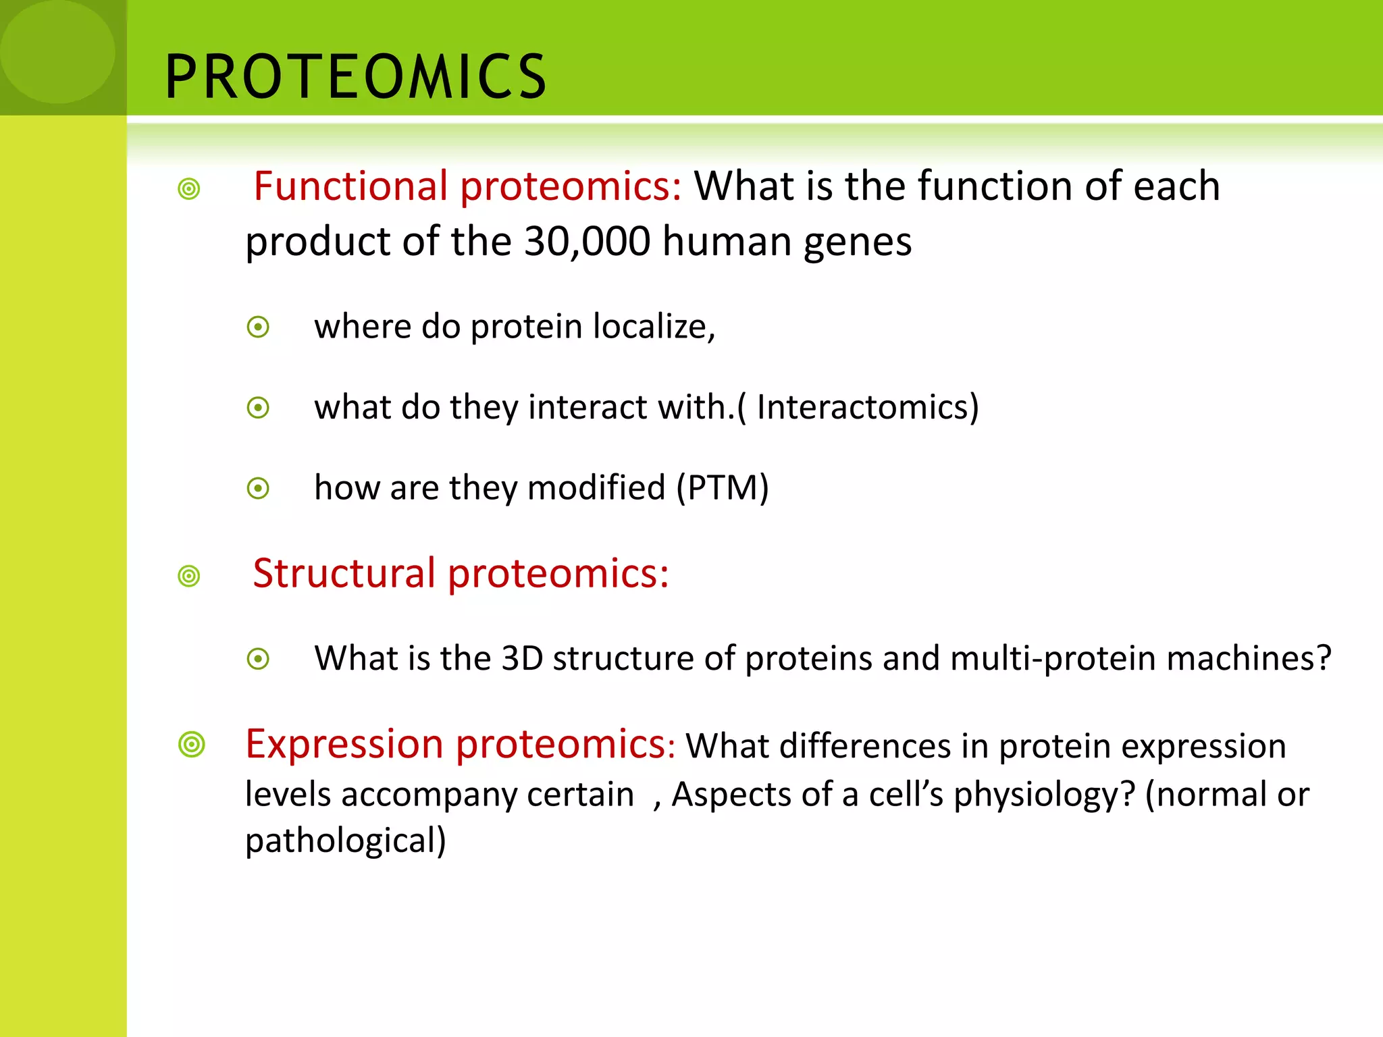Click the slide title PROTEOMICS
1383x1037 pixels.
click(355, 77)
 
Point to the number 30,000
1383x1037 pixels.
click(587, 241)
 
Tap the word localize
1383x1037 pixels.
click(653, 327)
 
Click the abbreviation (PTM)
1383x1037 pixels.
click(723, 487)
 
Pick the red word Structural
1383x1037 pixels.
click(344, 573)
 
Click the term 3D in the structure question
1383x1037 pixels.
click(522, 658)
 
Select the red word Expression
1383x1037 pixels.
click(345, 744)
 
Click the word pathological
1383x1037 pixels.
click(345, 841)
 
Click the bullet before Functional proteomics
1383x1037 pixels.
click(189, 189)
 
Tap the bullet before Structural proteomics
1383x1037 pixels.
click(189, 577)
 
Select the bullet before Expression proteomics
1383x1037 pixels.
click(192, 745)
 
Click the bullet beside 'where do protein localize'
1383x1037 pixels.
click(258, 327)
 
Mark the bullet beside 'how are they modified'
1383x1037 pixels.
click(258, 488)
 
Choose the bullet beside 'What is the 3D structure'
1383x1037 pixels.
click(258, 659)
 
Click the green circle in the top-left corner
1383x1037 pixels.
click(57, 51)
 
